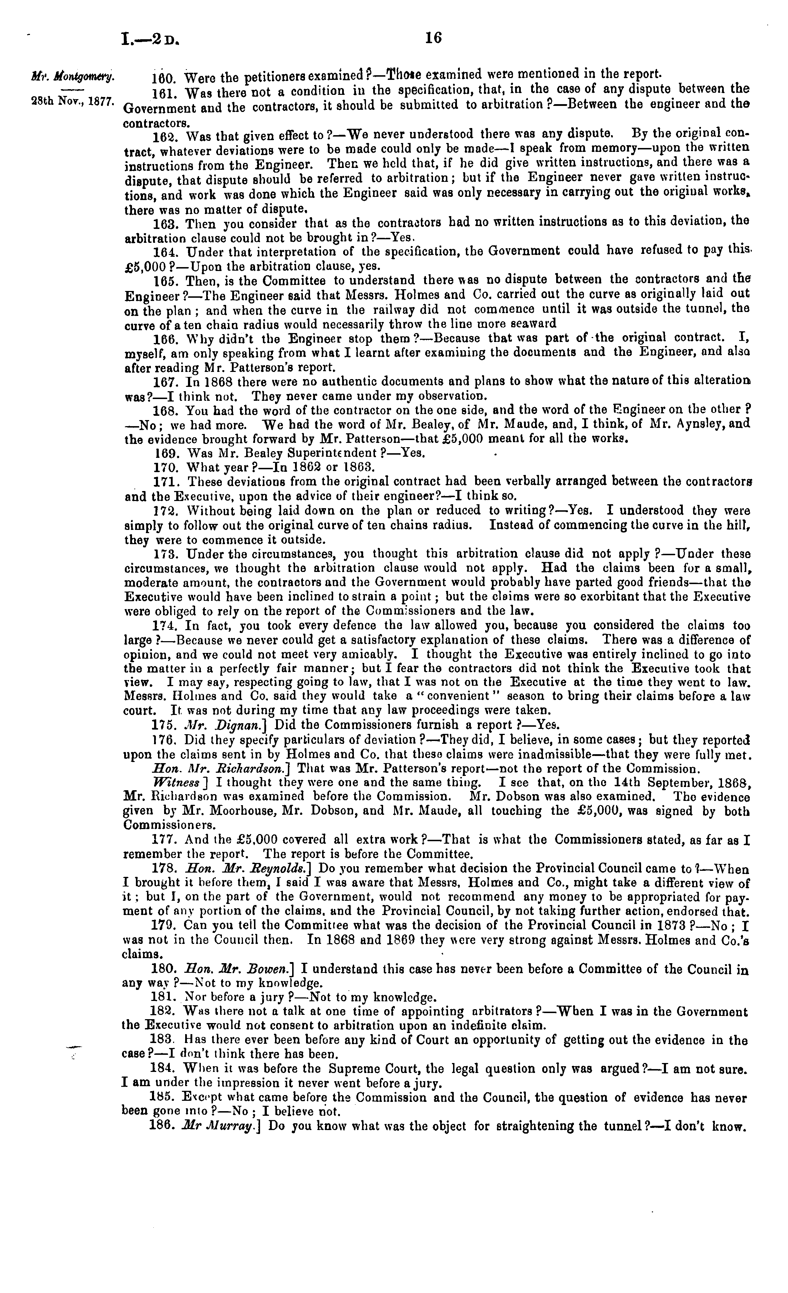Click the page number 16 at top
(x=434, y=38)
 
